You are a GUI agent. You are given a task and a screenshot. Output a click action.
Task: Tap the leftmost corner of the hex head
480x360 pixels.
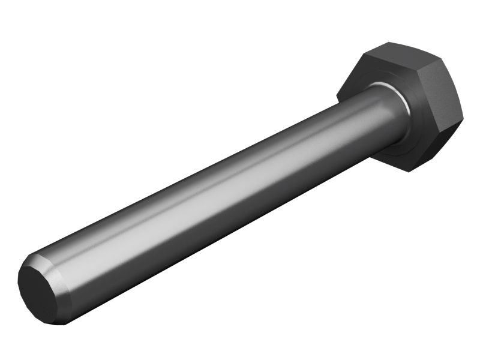(337, 96)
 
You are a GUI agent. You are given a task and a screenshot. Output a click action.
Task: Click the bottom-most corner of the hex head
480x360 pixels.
(410, 172)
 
